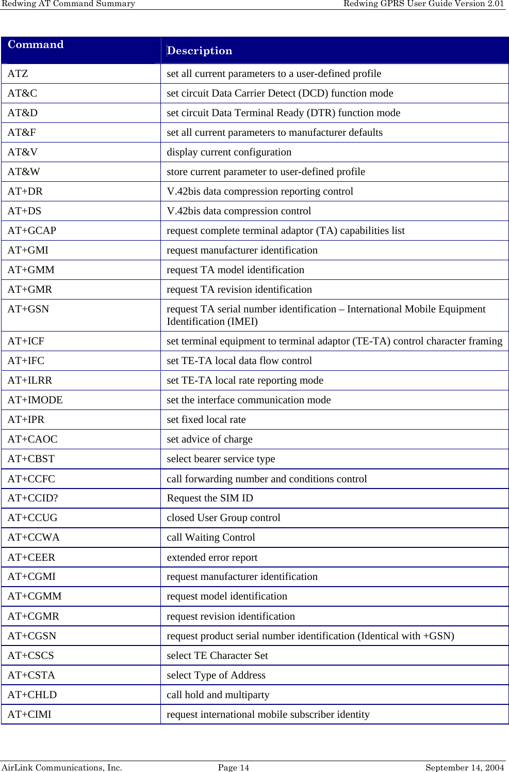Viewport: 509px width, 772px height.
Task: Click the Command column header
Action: pyautogui.click(x=36, y=45)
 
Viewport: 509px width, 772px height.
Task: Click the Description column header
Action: pyautogui.click(x=200, y=51)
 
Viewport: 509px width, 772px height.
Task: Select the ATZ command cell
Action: pyautogui.click(x=18, y=73)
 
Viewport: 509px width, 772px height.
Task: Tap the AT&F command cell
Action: pyautogui.click(x=22, y=132)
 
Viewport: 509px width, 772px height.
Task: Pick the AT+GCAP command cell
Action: pyautogui.click(x=32, y=230)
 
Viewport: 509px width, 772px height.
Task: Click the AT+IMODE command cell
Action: pyautogui.click(x=35, y=400)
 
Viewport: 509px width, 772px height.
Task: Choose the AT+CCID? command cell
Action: pyautogui.click(x=33, y=498)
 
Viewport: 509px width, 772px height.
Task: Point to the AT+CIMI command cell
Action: pyautogui.click(x=29, y=714)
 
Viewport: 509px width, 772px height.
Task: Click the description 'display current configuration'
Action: pyautogui.click(x=229, y=152)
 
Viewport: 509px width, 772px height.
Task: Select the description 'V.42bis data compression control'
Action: pyautogui.click(x=239, y=211)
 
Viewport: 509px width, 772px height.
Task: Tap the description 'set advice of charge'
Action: pyautogui.click(x=209, y=439)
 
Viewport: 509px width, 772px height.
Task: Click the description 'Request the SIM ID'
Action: pyautogui.click(x=210, y=498)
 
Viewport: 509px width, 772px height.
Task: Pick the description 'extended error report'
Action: pyautogui.click(x=212, y=557)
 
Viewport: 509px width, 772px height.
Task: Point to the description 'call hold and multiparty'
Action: pyautogui.click(x=218, y=695)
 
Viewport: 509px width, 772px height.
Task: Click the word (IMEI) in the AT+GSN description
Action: pyautogui.click(x=242, y=321)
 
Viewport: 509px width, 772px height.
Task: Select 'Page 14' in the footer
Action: pyautogui.click(x=234, y=767)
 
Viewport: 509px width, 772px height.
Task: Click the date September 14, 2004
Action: pyautogui.click(x=465, y=767)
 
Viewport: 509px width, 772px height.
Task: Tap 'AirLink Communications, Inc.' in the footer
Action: pyautogui.click(x=61, y=767)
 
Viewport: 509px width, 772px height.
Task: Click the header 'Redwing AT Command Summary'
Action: pyautogui.click(x=68, y=4)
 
